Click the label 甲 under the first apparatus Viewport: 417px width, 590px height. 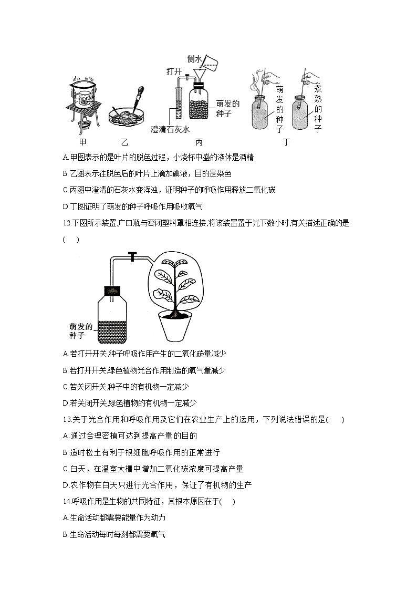point(82,142)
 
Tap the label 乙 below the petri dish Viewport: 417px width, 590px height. point(124,142)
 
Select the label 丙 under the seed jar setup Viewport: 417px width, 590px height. point(199,142)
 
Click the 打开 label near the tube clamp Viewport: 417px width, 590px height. point(174,71)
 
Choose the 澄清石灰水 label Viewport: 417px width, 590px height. point(170,129)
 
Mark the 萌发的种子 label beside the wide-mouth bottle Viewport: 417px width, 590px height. point(80,331)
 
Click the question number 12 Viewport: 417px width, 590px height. point(66,223)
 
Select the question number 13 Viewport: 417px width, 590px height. point(66,419)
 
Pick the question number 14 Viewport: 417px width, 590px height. point(66,501)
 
